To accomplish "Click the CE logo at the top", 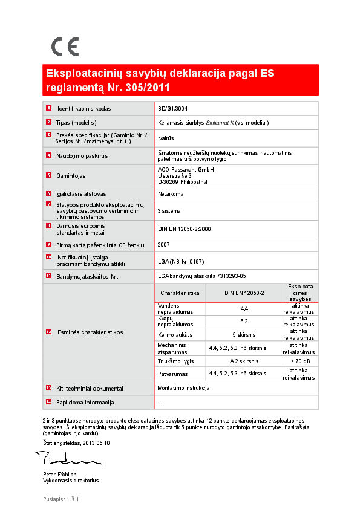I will (x=65, y=47).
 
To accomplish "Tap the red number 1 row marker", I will (x=48, y=109).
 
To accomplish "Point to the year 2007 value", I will (x=163, y=245).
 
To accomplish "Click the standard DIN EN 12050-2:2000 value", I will (x=185, y=229).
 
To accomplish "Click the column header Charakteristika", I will (x=180, y=293).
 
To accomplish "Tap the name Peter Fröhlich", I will (x=60, y=475).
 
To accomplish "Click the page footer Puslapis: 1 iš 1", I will (x=61, y=499).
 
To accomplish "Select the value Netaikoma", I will (x=170, y=194).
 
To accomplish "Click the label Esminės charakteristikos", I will (x=90, y=332).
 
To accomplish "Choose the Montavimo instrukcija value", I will (x=183, y=387).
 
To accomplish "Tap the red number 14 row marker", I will (x=48, y=402).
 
